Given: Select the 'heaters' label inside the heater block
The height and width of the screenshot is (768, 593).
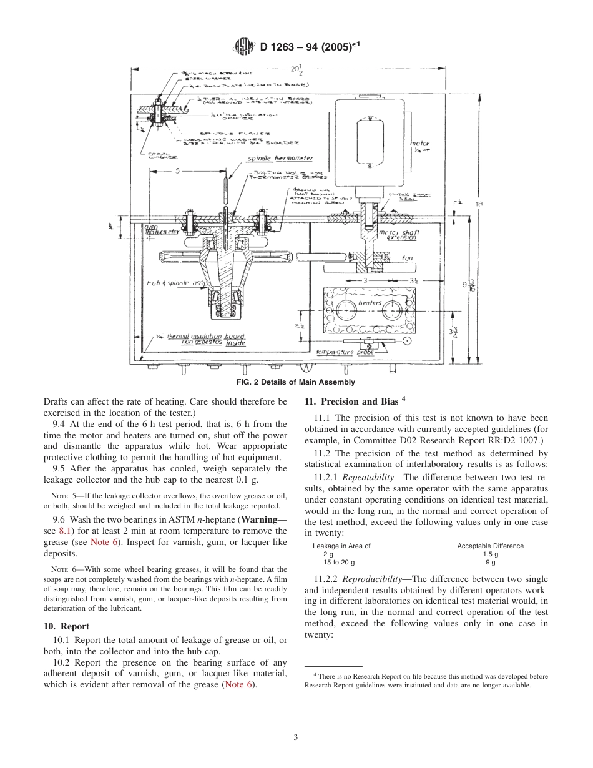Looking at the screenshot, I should click(370, 303).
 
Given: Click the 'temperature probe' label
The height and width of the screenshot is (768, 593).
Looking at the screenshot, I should click(343, 352).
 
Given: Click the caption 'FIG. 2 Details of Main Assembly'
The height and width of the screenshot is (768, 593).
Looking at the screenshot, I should click(296, 382).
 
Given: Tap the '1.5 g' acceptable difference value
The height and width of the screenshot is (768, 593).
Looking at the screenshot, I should click(490, 554).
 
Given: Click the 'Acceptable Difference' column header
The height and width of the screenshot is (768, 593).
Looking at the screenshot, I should click(490, 546).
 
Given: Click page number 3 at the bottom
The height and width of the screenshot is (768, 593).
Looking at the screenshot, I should click(296, 737).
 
